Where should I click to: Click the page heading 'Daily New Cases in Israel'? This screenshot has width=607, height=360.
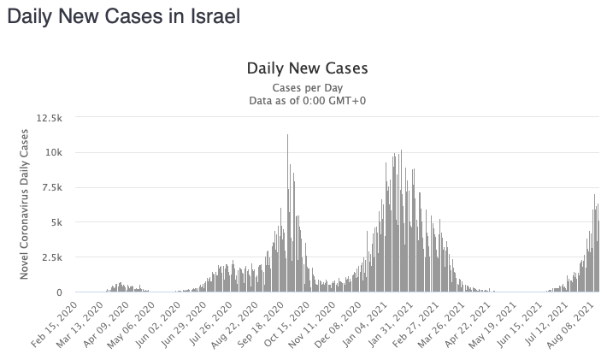click(123, 16)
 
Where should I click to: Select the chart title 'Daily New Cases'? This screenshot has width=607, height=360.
click(307, 68)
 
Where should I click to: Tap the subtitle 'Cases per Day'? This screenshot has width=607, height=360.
click(307, 88)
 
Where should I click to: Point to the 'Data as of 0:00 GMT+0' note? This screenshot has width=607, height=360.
click(307, 101)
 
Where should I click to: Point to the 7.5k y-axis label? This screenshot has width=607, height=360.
click(49, 187)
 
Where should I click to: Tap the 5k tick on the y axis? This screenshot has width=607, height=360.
click(54, 222)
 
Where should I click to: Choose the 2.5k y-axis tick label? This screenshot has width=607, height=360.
click(49, 257)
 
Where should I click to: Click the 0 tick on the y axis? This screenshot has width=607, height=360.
click(58, 292)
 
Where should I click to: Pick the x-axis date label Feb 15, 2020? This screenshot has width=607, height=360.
click(61, 322)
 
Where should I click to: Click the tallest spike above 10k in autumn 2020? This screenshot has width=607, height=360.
click(287, 137)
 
